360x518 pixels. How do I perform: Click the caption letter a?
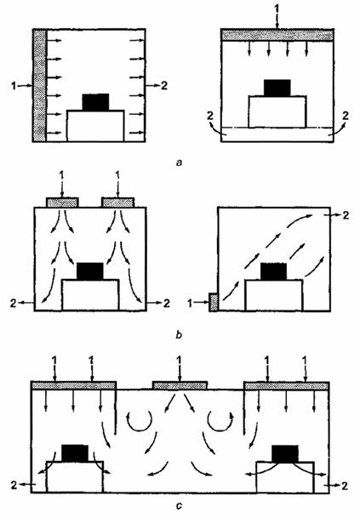coord(180,162)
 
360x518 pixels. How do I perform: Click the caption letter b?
coord(179,335)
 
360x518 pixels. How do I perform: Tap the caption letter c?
coord(179,506)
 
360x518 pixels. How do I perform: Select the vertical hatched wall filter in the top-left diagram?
coord(40,86)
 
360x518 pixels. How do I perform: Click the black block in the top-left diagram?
coord(95,102)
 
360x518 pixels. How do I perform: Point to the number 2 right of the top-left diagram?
coord(164,86)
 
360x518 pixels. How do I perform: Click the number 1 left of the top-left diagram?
coord(14,86)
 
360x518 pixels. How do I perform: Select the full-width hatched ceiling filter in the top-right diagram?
coord(277,35)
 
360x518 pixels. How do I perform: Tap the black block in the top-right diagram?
coord(277,88)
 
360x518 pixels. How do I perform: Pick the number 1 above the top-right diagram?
coord(277,8)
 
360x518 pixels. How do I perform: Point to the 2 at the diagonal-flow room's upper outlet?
coord(346,215)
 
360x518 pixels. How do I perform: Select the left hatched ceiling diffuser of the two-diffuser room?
coord(62,202)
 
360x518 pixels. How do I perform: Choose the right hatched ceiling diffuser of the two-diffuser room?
coord(118,202)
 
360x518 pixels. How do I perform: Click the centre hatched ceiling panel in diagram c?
coord(180,385)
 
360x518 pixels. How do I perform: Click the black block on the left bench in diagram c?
coord(75,453)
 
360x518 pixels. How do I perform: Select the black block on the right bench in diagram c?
coord(285,453)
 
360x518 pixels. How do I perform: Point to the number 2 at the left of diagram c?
coord(14,486)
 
